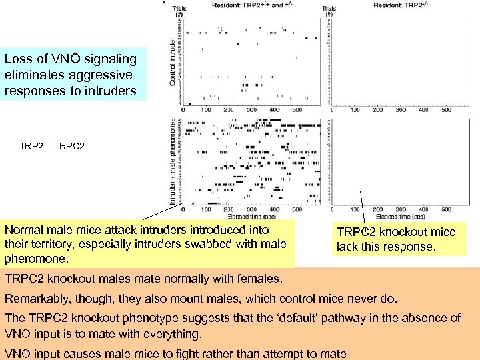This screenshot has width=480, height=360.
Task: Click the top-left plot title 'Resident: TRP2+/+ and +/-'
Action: coord(252,5)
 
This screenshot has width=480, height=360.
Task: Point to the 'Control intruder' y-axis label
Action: coord(173,62)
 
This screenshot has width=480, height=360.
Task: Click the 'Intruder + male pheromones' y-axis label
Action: coord(173,161)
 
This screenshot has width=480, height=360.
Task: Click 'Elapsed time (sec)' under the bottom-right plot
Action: coord(399,217)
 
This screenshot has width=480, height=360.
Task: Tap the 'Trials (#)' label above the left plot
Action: coord(180,10)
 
